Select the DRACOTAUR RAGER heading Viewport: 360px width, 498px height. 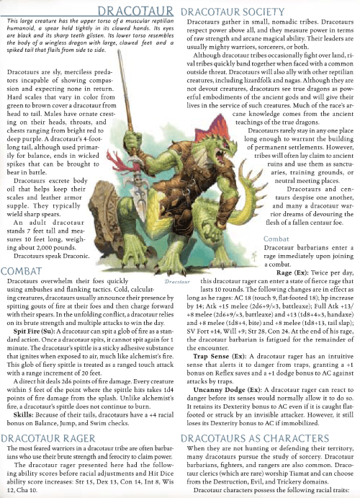point(48,437)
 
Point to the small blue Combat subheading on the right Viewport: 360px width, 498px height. point(276,239)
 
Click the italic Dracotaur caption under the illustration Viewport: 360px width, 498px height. point(176,259)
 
